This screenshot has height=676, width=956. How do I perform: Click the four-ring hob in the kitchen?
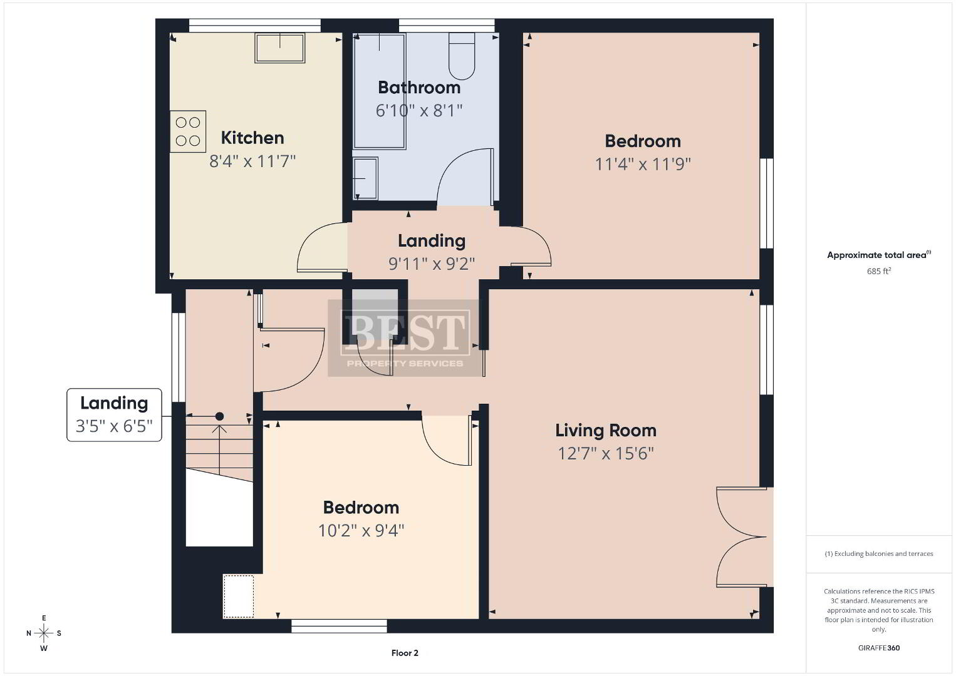click(x=188, y=131)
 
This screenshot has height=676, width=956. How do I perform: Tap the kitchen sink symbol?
click(x=279, y=48)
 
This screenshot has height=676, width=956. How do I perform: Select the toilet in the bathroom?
click(x=462, y=56)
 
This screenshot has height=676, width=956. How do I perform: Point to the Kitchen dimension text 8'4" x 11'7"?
click(x=252, y=161)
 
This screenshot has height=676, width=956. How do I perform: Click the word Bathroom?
click(x=419, y=88)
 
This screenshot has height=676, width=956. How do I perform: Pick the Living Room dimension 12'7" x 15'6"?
click(x=606, y=453)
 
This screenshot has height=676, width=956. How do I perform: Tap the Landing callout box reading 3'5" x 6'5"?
click(x=115, y=414)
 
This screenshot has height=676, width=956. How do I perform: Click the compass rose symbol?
click(x=44, y=633)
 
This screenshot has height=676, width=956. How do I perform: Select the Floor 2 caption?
click(x=405, y=653)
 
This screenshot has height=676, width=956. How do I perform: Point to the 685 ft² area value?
click(x=879, y=271)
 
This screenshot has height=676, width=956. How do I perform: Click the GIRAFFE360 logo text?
click(x=879, y=648)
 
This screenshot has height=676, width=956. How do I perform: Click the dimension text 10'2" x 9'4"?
click(x=361, y=531)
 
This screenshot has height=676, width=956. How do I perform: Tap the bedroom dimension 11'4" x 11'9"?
click(x=643, y=164)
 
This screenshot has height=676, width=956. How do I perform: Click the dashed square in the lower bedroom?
click(x=239, y=597)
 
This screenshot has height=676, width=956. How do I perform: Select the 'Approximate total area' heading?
click(x=879, y=255)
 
